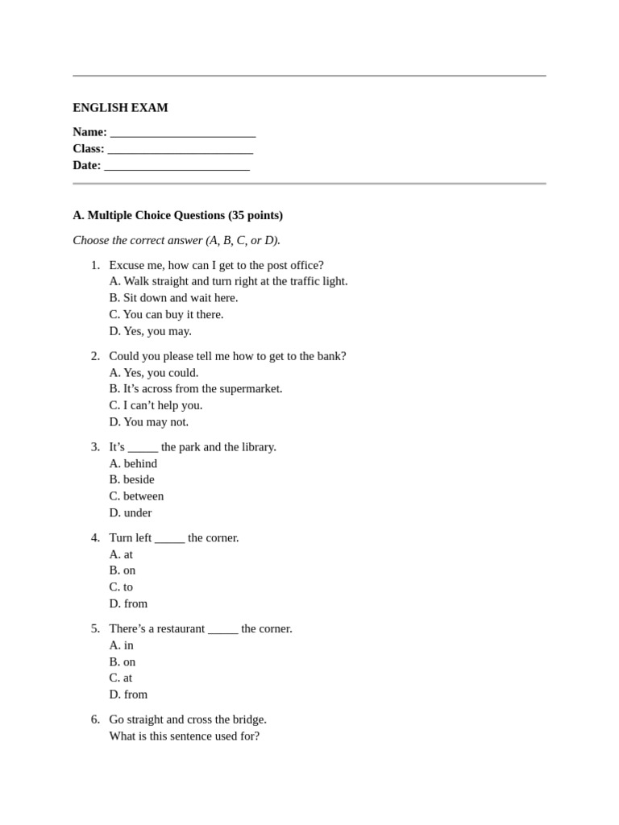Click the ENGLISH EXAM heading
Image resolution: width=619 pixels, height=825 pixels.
pos(120,108)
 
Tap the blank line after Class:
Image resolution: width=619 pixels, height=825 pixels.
pos(180,150)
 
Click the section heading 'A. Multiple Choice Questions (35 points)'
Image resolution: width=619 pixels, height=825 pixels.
pos(177,215)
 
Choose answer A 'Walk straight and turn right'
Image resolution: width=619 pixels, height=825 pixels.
pos(228,281)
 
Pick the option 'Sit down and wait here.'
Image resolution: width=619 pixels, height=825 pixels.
pos(173,298)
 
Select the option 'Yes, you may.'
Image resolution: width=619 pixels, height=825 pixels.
pos(150,331)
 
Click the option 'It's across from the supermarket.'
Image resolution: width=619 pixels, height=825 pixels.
pos(196,388)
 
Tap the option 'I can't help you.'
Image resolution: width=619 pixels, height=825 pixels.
pos(156,405)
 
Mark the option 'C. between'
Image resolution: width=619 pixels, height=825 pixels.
pos(136,496)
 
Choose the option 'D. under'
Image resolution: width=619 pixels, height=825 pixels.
pos(131,512)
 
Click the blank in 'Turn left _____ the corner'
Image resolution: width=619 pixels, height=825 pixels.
pos(169,539)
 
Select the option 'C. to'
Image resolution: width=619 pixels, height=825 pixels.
pos(121,587)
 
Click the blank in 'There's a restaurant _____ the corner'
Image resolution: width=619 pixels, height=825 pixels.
pos(222,630)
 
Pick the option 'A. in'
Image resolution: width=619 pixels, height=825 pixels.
pos(121,645)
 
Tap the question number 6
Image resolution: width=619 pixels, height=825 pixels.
pos(95,719)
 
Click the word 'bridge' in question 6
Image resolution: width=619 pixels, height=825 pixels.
pos(247,719)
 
